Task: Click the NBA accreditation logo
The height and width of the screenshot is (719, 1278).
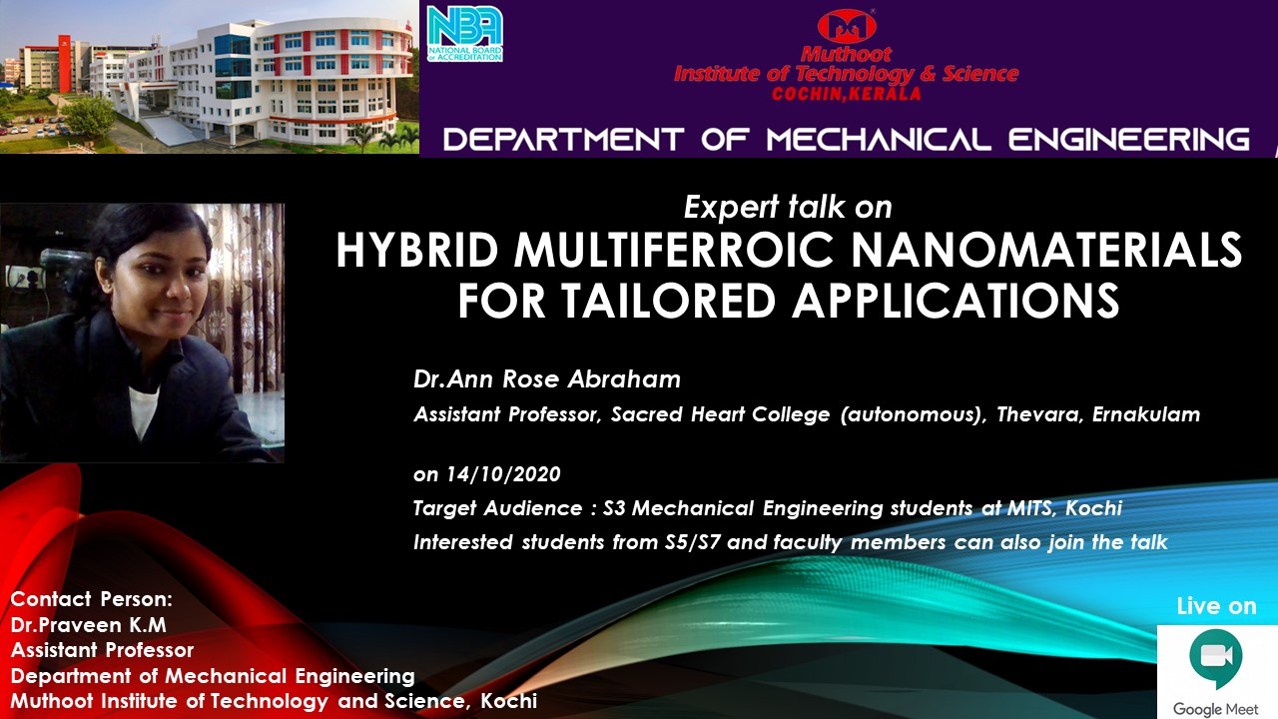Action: pos(465,34)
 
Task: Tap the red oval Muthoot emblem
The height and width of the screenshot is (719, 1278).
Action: pos(847,26)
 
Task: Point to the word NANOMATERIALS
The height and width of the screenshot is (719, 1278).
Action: pos(1047,251)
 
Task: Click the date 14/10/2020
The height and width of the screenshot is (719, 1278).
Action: pos(503,474)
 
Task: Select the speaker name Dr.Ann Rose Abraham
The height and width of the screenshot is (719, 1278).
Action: pos(546,378)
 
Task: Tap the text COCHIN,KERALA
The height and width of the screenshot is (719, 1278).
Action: pos(847,94)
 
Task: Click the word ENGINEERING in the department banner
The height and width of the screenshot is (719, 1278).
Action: pos(1129,140)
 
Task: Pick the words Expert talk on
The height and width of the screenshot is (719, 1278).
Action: pos(788,207)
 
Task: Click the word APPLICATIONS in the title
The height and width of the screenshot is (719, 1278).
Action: pos(956,301)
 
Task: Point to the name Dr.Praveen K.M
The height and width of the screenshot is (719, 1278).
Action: pos(89,625)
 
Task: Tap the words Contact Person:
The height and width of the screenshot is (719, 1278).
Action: pos(91,599)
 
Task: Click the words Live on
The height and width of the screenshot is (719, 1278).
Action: pos(1216,606)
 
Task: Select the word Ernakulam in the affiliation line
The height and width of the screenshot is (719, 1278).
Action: pos(1145,414)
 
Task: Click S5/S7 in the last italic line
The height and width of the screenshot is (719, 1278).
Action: pos(692,542)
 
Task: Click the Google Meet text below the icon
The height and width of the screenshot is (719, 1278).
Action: pos(1216,709)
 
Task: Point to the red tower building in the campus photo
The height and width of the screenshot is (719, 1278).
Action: pos(65,63)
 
